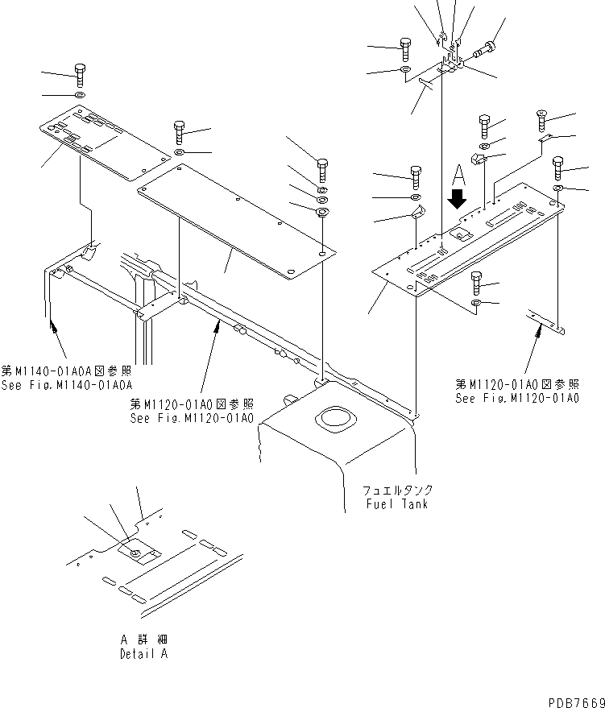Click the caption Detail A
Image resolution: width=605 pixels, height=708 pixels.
145,654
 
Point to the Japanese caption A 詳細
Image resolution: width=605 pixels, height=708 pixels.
145,640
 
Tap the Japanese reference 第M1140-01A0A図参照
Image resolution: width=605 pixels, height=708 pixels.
66,371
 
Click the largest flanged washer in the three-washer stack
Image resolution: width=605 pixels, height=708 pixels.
321,213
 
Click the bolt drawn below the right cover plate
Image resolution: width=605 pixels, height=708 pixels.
477,283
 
